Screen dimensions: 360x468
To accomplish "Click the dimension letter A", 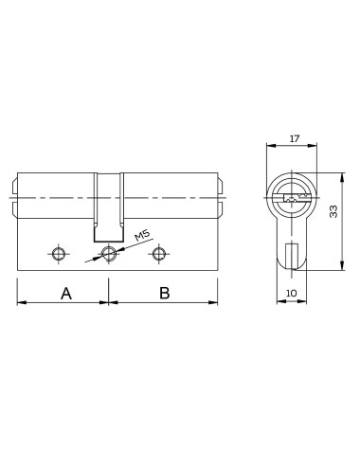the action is point(66,294).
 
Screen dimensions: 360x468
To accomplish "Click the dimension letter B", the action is point(165,293).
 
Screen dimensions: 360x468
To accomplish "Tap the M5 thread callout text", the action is point(142,236).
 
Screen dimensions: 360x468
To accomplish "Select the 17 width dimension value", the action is point(294,138).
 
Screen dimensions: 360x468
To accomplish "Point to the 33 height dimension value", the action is point(333,211).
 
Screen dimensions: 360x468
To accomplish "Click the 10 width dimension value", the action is point(291,293).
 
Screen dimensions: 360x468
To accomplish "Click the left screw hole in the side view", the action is point(58,254).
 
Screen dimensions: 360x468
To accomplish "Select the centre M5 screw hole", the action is point(109,254).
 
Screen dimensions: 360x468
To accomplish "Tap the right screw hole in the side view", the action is point(158,254).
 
